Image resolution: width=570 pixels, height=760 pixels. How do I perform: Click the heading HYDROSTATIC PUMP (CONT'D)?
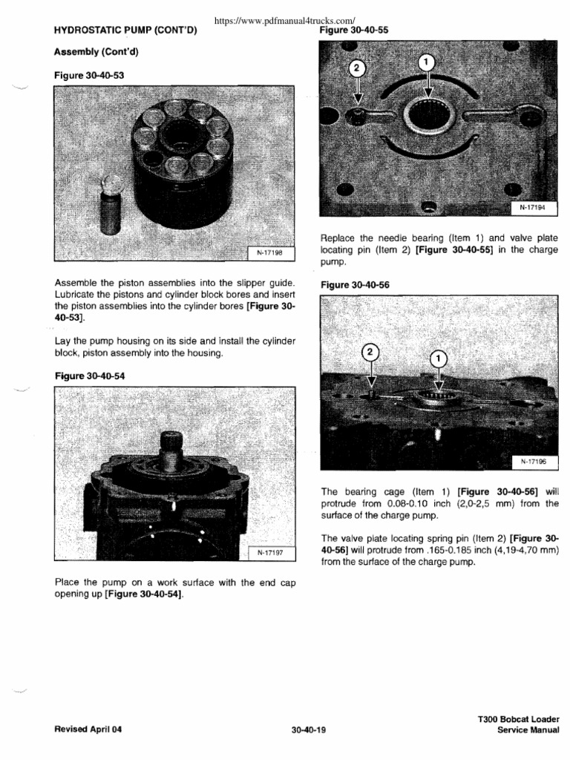pos(125,31)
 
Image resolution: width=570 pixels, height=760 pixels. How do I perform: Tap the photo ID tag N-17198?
pos(272,254)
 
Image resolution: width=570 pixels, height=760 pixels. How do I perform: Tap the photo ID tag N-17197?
pos(272,553)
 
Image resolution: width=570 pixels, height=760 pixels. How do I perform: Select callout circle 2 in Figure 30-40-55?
pos(357,69)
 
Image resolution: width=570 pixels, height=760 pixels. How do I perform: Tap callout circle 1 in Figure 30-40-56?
pos(439,358)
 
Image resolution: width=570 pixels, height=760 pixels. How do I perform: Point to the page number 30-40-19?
pos(309,729)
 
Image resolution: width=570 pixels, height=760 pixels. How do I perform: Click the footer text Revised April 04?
pos(88,729)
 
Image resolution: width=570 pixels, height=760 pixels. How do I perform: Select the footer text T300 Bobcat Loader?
pos(519,719)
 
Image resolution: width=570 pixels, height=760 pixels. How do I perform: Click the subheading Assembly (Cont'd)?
pos(96,53)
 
